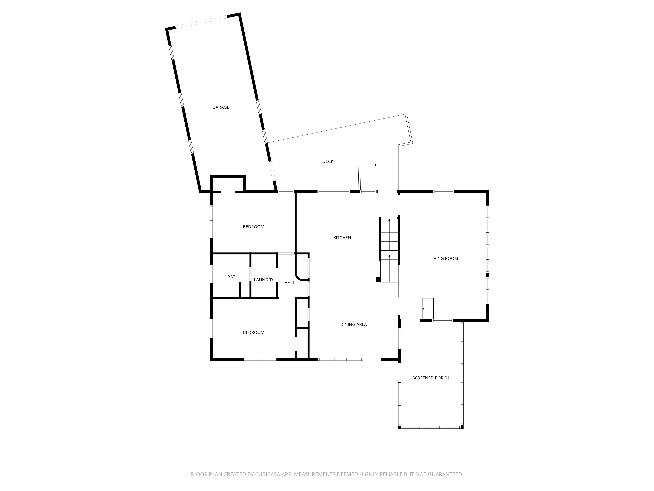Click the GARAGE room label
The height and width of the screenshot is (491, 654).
tap(221, 107)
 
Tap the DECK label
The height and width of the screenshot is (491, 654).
tap(328, 161)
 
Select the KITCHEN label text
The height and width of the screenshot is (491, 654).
tap(342, 238)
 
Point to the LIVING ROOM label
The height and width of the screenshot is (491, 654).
tap(444, 258)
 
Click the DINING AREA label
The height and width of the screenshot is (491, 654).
tap(354, 324)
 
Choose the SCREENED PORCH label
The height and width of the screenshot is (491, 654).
tap(431, 378)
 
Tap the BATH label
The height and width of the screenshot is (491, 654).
tap(233, 277)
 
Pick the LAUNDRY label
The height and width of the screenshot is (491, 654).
tap(264, 280)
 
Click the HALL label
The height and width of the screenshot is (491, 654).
tap(290, 283)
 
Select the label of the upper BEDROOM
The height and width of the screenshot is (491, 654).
tap(254, 227)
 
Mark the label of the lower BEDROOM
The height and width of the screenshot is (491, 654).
tap(254, 332)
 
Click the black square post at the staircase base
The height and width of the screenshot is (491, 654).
tap(378, 280)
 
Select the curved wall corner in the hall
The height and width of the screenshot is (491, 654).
tap(298, 276)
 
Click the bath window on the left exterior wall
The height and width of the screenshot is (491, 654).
tap(211, 274)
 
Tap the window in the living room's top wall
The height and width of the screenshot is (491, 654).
tap(443, 191)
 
